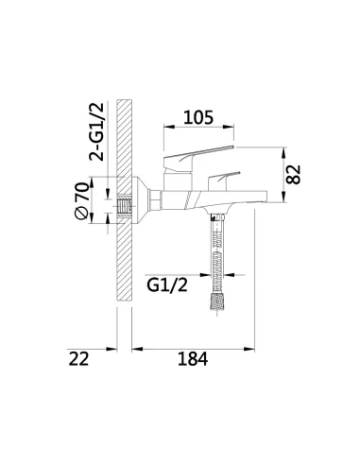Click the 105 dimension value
tap(198, 117)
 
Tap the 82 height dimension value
tap(293, 174)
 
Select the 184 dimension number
tap(193, 359)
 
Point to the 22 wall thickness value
tap(78, 359)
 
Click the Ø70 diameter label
tap(81, 200)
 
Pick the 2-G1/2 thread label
tap(96, 132)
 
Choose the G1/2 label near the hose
tap(167, 285)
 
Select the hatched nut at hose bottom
tap(217, 301)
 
